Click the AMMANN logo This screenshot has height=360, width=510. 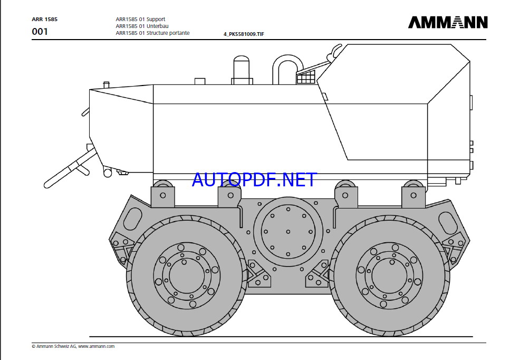click(x=448, y=23)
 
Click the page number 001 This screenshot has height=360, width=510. click(x=40, y=32)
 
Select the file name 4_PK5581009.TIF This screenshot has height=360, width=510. click(x=244, y=34)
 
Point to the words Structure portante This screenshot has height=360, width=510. click(x=168, y=33)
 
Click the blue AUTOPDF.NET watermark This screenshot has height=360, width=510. click(x=254, y=179)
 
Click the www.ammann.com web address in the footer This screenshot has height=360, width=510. click(x=97, y=346)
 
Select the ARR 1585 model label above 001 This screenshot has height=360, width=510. click(x=44, y=19)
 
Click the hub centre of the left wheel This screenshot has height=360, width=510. click(x=187, y=276)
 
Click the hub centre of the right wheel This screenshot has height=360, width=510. click(x=389, y=276)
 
